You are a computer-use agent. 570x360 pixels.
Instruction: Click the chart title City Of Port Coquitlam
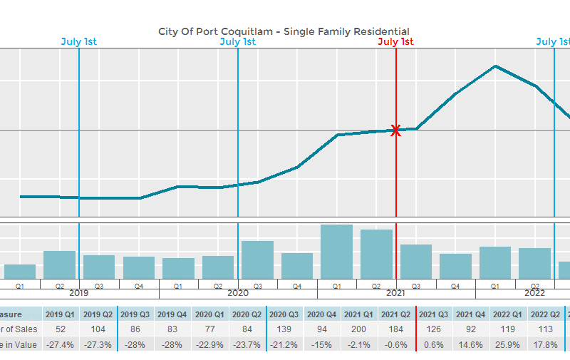pos(284,31)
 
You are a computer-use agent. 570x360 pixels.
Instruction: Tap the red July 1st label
pos(395,41)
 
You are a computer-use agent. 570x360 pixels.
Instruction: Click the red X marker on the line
pos(395,130)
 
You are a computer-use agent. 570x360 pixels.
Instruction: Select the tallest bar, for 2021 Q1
pos(336,252)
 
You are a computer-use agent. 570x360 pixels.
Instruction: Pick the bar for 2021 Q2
pos(376,254)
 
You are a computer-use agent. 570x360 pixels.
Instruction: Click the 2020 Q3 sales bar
pos(257,259)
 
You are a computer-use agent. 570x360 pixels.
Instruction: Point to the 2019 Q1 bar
pos(20,271)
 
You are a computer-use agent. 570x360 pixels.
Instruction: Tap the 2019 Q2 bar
pos(60,264)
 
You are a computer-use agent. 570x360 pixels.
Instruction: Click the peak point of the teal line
pos(495,66)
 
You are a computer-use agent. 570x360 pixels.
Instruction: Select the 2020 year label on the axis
pos(237,293)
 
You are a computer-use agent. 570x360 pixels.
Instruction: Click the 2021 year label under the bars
pos(395,293)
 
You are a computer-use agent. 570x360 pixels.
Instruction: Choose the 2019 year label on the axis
pos(79,293)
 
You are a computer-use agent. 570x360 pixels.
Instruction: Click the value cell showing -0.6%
pos(396,345)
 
